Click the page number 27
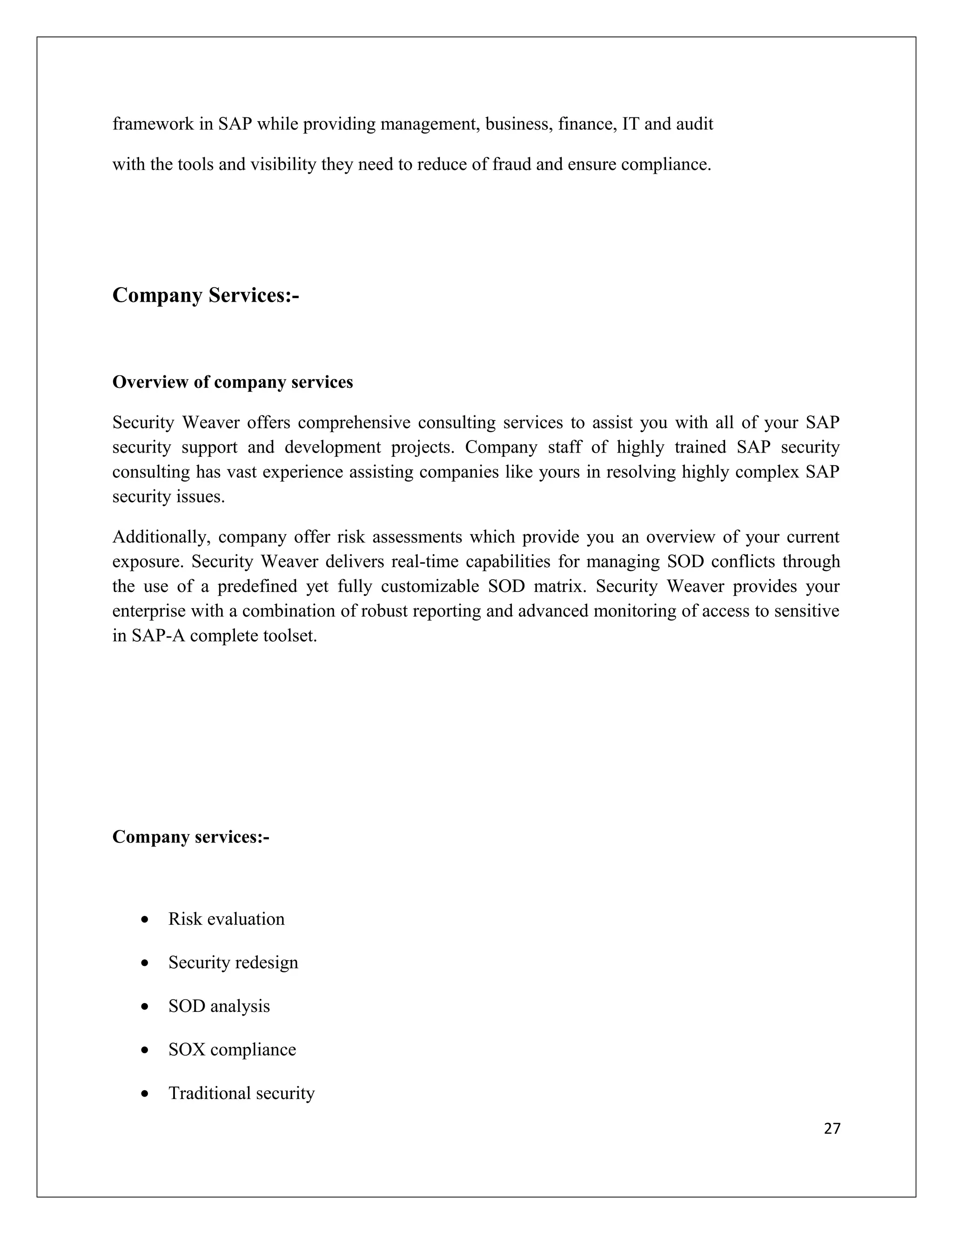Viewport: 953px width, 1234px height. (832, 1128)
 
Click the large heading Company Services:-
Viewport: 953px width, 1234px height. (206, 295)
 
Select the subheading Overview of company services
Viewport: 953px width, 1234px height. (233, 382)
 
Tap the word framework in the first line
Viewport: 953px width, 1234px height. (153, 124)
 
